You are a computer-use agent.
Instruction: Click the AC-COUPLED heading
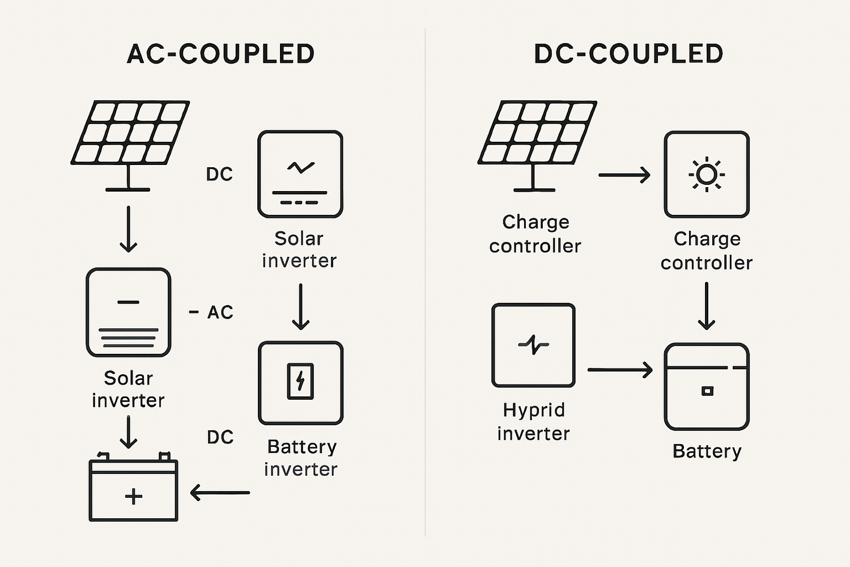point(220,54)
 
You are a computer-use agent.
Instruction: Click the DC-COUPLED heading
point(628,54)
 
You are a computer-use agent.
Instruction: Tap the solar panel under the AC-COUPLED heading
point(130,134)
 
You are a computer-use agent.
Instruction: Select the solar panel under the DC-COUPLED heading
point(537,134)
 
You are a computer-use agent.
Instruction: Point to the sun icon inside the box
point(707,175)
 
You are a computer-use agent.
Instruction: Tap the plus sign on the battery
point(134,497)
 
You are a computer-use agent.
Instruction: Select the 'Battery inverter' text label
point(301,458)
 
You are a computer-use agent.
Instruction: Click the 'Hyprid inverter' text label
point(533,421)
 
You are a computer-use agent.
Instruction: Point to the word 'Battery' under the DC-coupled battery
point(707,451)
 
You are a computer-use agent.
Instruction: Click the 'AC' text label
point(220,312)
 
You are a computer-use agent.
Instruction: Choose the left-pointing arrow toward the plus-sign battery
point(220,492)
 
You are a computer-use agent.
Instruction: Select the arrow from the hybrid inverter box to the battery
point(620,370)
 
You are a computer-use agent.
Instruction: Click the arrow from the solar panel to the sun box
point(624,175)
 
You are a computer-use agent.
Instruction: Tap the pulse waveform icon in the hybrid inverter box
point(533,344)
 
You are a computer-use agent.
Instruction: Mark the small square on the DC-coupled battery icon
point(707,391)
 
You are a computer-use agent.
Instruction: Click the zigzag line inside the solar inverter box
point(300,167)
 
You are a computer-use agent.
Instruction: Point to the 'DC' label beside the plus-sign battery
point(220,437)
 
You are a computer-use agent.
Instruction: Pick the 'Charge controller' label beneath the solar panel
point(535,234)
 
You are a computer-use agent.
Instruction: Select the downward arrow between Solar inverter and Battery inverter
point(300,307)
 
